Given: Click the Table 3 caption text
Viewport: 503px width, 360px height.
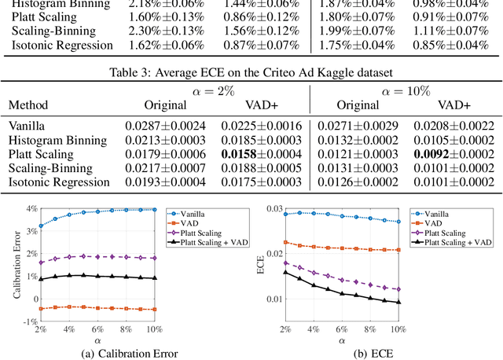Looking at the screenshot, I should point(251,74).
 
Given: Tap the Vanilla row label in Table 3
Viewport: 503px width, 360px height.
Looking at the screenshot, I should point(28,124).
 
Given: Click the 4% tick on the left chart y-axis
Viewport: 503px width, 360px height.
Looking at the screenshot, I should point(31,208).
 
